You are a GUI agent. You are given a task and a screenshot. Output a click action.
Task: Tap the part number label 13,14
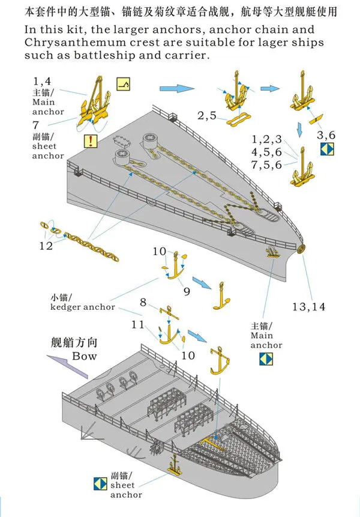[308, 306]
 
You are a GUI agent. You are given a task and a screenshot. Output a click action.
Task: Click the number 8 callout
[143, 302]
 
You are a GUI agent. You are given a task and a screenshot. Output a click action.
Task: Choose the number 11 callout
[137, 325]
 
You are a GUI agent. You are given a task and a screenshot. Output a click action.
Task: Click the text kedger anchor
[83, 307]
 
